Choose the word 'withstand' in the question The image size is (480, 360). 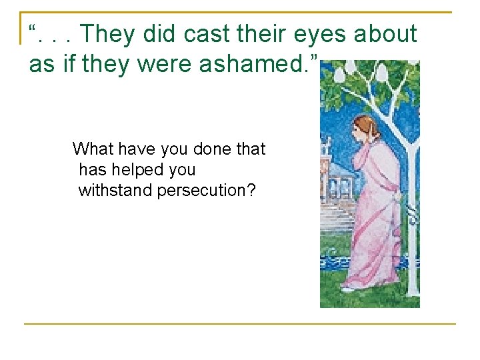click(x=115, y=191)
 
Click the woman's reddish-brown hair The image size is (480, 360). click(x=363, y=127)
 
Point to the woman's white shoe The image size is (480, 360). click(x=348, y=289)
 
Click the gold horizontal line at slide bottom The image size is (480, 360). click(x=240, y=324)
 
